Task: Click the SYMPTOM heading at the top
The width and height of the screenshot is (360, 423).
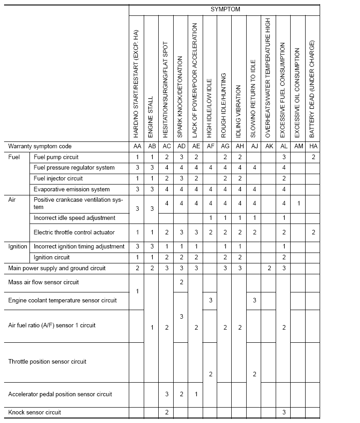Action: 225,9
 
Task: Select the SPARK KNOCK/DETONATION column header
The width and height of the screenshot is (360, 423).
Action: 181,97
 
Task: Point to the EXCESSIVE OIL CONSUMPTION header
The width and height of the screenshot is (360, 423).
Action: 298,92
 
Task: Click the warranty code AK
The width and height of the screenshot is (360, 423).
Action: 269,146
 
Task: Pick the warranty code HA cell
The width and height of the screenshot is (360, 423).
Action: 313,146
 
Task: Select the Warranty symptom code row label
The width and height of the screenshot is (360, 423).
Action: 40,146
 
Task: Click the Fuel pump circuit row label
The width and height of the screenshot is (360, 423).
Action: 56,157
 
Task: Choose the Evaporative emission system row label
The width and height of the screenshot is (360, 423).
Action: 72,189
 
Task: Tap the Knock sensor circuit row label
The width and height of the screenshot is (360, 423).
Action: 34,412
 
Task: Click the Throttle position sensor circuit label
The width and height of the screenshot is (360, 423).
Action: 47,362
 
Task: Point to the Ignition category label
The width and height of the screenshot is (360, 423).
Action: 18,246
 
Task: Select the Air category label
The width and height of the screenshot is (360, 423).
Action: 12,199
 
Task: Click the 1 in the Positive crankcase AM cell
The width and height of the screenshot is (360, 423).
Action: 298,204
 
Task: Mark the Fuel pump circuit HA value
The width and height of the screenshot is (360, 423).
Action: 313,157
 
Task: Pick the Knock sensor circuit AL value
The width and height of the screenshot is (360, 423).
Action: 284,412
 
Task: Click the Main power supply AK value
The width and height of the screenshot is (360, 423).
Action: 269,268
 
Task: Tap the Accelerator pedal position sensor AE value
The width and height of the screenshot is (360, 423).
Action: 196,394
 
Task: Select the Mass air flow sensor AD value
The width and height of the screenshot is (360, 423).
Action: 181,282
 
